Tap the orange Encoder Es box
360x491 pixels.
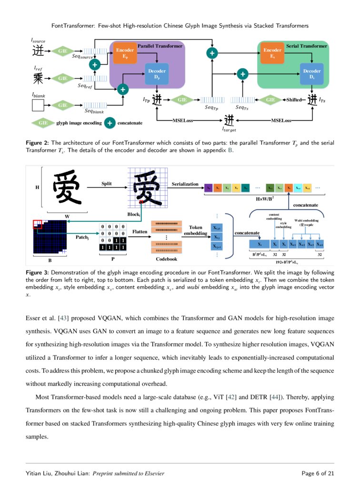[272, 53]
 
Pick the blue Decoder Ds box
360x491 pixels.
[312, 74]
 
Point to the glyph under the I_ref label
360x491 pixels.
[38, 78]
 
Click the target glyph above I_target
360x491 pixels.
[230, 120]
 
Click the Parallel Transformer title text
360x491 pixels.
[160, 46]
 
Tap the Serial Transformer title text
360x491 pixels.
[307, 46]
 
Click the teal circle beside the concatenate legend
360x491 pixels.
[110, 123]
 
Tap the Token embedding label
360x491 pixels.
[196, 230]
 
